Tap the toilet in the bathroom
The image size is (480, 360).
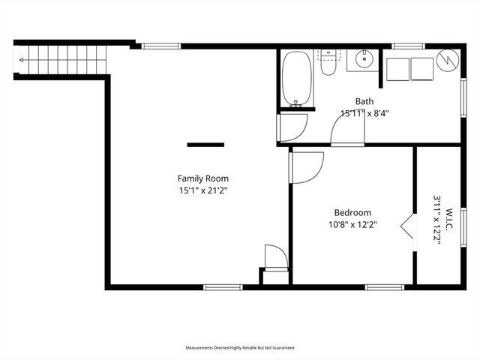point(328,64)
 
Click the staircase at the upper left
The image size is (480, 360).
point(60,56)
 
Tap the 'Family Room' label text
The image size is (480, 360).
point(202,178)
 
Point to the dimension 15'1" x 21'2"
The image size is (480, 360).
point(202,191)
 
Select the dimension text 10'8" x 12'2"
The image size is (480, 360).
point(351,223)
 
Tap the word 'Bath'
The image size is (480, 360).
point(364,101)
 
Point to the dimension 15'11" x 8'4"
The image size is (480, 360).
point(364,114)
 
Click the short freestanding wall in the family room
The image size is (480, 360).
point(205,144)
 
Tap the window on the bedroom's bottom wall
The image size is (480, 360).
point(384,286)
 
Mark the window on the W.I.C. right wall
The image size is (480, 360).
point(463,226)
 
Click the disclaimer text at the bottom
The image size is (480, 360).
point(240,348)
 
